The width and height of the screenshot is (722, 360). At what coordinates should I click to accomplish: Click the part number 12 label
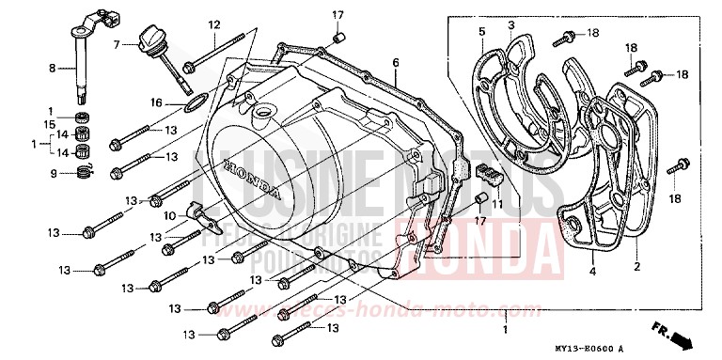213,24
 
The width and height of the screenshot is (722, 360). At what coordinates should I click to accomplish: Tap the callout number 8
53,68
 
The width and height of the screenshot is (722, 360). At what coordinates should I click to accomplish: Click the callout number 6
396,62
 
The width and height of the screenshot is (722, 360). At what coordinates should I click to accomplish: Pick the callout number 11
498,204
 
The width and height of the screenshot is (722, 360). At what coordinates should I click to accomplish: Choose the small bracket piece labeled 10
201,213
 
